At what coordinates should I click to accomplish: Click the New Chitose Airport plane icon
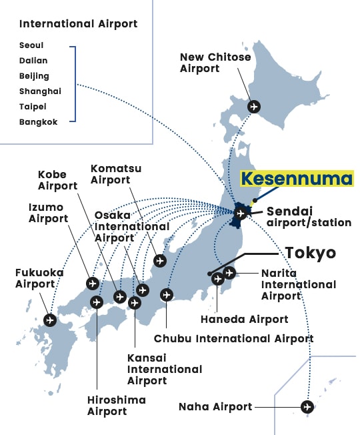[x=253, y=107]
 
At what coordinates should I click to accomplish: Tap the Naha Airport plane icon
[x=307, y=407]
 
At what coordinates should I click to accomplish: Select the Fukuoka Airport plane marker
[x=50, y=320]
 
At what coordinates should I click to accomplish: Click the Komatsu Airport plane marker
[x=160, y=261]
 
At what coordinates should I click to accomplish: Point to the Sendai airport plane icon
[x=240, y=213]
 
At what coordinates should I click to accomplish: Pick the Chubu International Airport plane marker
[x=167, y=295]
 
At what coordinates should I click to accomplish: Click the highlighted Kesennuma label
[x=297, y=178]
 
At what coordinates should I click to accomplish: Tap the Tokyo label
[x=311, y=253]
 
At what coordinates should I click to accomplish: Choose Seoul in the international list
[x=31, y=45]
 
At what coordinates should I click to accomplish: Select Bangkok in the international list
[x=38, y=122]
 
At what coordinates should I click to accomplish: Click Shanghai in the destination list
[x=40, y=91]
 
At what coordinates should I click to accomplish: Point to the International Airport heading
[x=79, y=24]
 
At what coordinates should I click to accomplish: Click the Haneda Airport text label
[x=245, y=320]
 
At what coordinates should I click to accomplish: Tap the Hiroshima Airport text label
[x=117, y=406]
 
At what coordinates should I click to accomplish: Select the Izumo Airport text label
[x=48, y=213]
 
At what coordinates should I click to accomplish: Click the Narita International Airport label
[x=299, y=285]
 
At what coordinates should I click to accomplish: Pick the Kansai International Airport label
[x=165, y=369]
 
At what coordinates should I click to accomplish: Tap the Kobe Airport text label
[x=57, y=180]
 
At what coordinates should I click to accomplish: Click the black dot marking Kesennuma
[x=255, y=200]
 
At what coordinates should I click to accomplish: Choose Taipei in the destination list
[x=33, y=107]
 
